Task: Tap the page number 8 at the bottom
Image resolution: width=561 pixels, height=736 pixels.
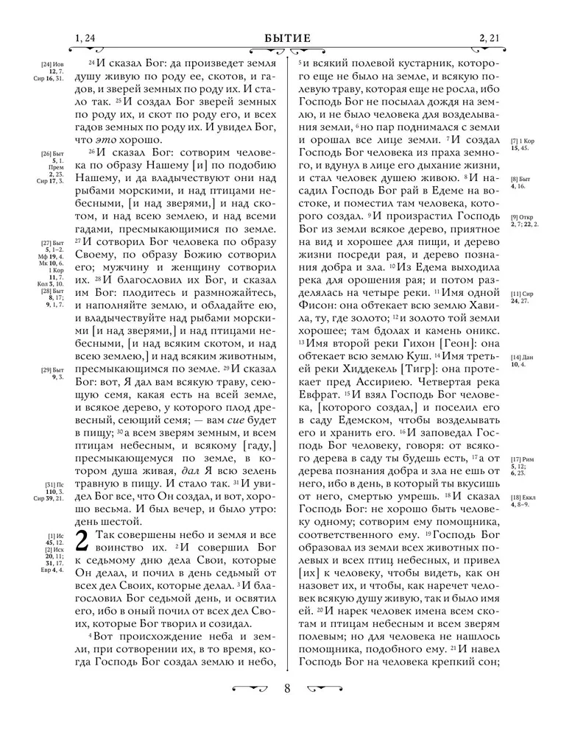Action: (287, 690)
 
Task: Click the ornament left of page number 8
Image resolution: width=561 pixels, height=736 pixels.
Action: (250, 690)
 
